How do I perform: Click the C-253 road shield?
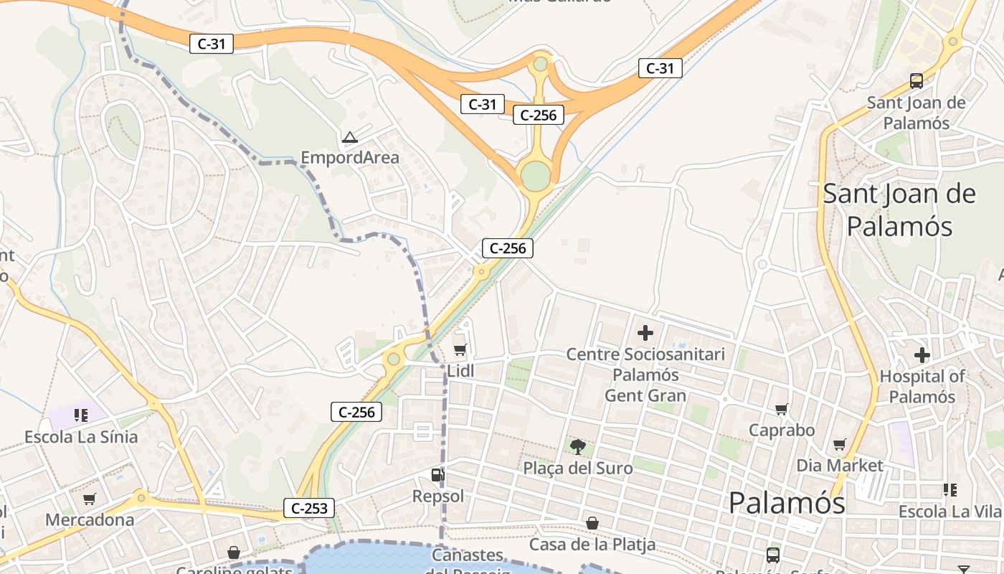click(310, 509)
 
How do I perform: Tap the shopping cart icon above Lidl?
click(460, 350)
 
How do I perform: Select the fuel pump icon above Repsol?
click(437, 475)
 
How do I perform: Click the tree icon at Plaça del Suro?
click(577, 447)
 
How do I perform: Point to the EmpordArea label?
click(350, 158)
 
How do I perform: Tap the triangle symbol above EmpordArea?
click(350, 137)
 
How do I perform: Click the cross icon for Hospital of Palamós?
click(922, 355)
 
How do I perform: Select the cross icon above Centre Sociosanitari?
click(645, 333)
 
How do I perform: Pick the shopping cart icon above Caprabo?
click(782, 410)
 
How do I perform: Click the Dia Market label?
click(840, 466)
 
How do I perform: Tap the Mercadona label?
click(90, 519)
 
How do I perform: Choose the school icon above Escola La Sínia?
click(80, 415)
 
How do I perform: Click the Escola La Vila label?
click(949, 512)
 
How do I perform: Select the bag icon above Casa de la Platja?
click(592, 523)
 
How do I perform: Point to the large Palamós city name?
click(787, 503)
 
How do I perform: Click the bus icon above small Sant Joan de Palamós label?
click(917, 81)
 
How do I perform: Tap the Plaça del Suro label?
click(578, 469)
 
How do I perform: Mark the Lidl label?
click(461, 371)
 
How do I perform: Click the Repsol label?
click(438, 496)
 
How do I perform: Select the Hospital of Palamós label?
click(922, 386)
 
